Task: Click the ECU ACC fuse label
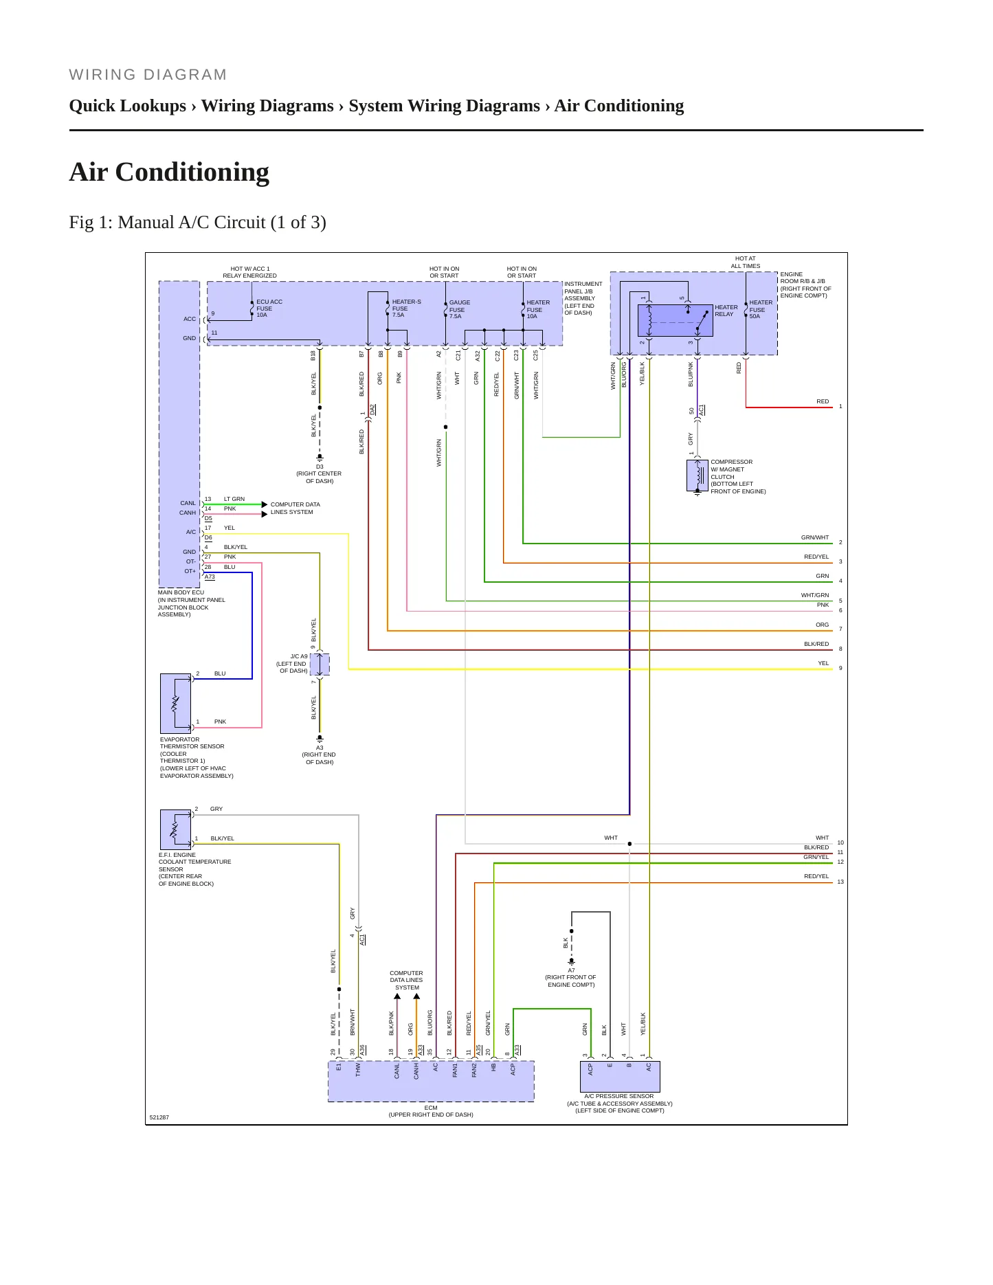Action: point(269,309)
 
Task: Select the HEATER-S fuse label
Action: point(406,309)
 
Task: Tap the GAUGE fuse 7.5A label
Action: point(460,309)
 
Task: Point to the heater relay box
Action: point(675,320)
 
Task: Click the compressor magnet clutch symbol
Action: point(698,475)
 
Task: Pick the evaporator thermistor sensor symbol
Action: point(175,703)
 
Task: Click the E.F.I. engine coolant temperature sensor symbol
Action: point(175,829)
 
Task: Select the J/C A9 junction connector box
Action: point(320,664)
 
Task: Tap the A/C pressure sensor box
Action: point(620,1077)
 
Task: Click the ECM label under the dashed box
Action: point(431,1108)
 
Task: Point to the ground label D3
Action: point(320,467)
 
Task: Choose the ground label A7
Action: point(571,970)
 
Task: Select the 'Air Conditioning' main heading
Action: point(169,172)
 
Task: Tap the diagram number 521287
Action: point(159,1117)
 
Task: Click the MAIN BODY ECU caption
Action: point(181,592)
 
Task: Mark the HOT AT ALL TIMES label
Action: point(746,262)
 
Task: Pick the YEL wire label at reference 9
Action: point(823,663)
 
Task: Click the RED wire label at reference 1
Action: point(823,401)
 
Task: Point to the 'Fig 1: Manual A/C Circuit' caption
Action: point(198,222)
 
